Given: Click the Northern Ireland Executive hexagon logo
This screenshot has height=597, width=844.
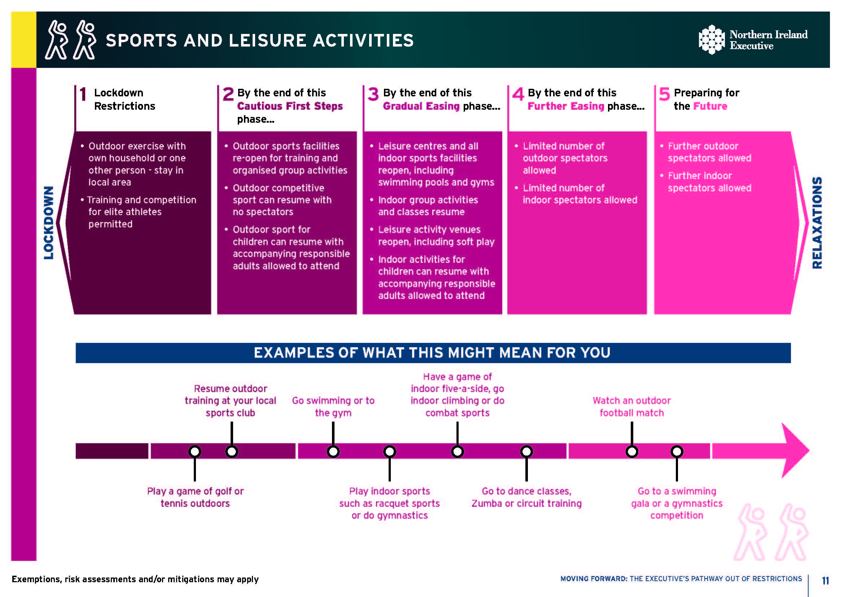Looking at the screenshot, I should coord(712,40).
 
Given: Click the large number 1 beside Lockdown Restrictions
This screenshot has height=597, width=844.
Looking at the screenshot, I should coord(83,94).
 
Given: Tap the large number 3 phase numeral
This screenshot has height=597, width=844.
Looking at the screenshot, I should coord(373,94).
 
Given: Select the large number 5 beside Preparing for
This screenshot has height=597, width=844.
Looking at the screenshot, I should coord(664,94).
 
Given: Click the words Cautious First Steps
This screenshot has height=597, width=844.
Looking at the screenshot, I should coord(290,106).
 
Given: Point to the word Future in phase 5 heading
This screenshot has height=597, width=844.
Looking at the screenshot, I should coord(710,106).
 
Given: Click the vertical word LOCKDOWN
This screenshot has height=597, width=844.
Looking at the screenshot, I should coord(49,223).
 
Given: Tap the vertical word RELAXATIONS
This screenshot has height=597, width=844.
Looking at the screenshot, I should coord(817,223).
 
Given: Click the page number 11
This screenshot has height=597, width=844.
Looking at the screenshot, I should coord(825,580).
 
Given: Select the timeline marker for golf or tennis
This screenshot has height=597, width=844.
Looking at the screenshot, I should coord(195,451).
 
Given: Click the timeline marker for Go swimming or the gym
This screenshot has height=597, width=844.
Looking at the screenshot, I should coord(333,451).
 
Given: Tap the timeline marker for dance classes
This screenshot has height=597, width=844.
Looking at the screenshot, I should coord(526,451).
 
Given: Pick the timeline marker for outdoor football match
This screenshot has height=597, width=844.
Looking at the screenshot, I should coord(632,451).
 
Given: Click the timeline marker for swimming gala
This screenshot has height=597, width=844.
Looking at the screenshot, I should coord(677,451).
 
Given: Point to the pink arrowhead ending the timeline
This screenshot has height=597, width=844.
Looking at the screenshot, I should coord(794,451).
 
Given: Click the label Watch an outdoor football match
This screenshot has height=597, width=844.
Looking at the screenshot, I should coord(631,406).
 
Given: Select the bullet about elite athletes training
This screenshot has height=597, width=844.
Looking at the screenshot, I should coord(141,212).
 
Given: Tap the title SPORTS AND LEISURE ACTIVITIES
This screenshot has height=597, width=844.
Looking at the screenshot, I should coord(259,40).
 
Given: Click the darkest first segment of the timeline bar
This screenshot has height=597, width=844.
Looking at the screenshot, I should coord(112,451).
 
